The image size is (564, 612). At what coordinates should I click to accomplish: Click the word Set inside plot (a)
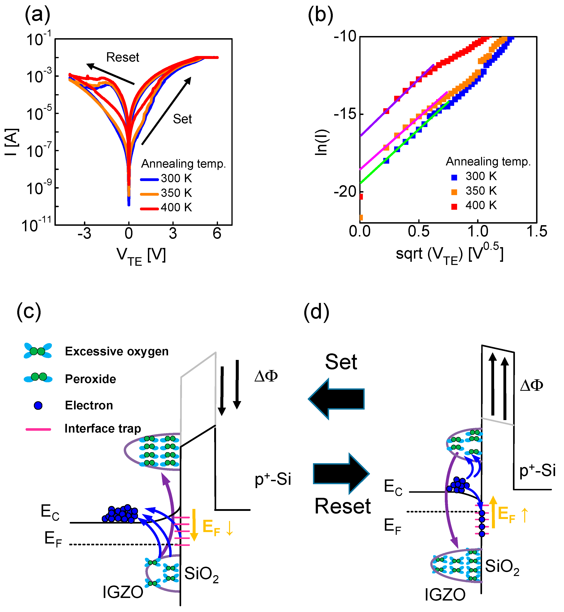pyautogui.click(x=182, y=119)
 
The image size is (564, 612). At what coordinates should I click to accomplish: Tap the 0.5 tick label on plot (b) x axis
pyautogui.click(x=419, y=231)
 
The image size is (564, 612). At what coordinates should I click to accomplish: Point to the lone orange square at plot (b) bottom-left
pyautogui.click(x=361, y=217)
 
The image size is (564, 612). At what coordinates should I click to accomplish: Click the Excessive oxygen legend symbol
pyautogui.click(x=38, y=351)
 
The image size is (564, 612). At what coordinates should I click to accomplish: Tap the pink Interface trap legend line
pyautogui.click(x=38, y=429)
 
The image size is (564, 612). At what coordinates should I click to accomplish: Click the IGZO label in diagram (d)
pyautogui.click(x=445, y=595)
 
